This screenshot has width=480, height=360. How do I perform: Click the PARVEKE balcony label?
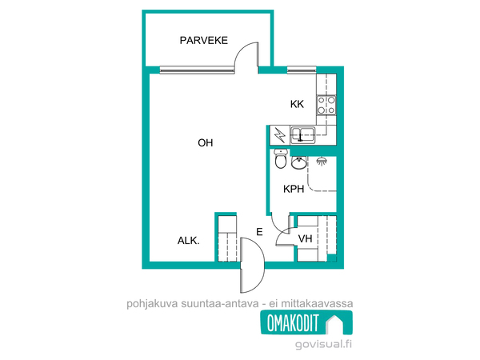203,41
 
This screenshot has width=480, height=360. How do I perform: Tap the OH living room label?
206,142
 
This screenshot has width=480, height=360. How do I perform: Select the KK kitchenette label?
297,104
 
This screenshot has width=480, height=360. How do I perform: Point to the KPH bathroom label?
294,189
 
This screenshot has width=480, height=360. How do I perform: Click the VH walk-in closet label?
306,238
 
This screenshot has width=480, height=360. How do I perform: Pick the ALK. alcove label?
188,241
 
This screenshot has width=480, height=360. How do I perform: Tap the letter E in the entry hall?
259,232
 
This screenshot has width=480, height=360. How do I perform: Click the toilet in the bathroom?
281,159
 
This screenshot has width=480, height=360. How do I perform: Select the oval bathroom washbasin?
298,162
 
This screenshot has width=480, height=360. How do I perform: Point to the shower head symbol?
322,161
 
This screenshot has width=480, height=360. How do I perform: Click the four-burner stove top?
326,105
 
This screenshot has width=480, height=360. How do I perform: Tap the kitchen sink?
302,135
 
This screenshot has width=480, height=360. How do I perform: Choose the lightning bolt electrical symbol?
279,135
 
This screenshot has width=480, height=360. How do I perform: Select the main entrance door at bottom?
252,265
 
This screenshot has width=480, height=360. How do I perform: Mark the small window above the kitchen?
302,70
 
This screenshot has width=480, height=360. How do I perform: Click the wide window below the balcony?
197,70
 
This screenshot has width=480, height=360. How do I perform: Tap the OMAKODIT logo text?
293,323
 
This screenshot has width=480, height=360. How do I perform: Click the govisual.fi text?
323,344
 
